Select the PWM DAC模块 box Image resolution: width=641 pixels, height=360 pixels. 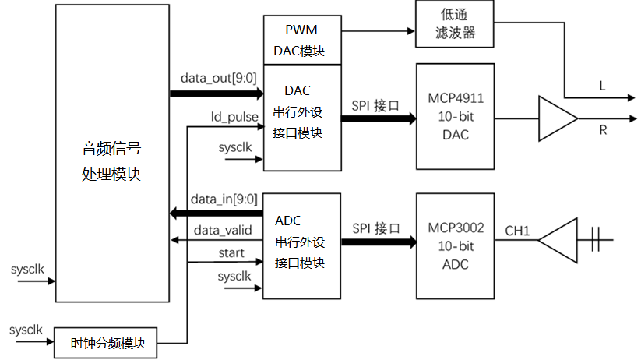[x=302, y=40]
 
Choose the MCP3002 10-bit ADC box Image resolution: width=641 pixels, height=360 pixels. [x=456, y=246]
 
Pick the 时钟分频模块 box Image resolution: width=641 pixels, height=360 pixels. [x=106, y=342]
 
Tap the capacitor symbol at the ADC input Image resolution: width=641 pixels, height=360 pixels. [x=596, y=240]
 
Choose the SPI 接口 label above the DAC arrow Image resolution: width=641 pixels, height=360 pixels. [x=375, y=102]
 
